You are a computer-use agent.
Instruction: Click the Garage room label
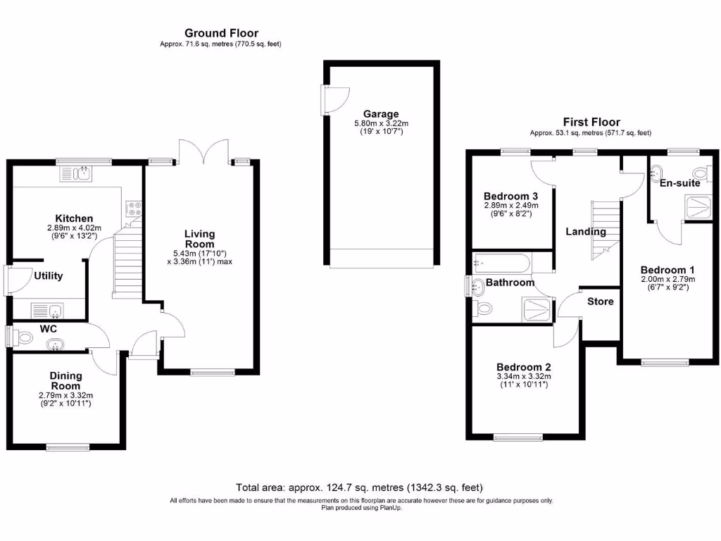pos(381,113)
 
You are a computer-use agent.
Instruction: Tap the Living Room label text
pos(199,239)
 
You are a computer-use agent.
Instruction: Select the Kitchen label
pos(74,218)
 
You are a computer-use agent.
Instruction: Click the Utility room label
pos(49,275)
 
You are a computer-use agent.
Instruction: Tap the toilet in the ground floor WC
pos(23,338)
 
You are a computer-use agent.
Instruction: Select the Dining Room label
pos(65,380)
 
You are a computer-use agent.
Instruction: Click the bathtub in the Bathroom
pos(502,263)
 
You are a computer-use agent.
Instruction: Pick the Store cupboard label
pos(600,301)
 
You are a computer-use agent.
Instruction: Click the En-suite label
pos(679,183)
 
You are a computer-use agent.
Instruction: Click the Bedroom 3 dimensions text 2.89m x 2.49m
pos(510,206)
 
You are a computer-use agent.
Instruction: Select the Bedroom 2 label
pos(523,367)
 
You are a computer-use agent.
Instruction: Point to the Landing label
pos(586,231)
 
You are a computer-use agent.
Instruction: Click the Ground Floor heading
pos(221,33)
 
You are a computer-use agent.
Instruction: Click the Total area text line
pos(360,487)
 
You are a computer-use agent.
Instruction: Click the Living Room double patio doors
pos(203,150)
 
